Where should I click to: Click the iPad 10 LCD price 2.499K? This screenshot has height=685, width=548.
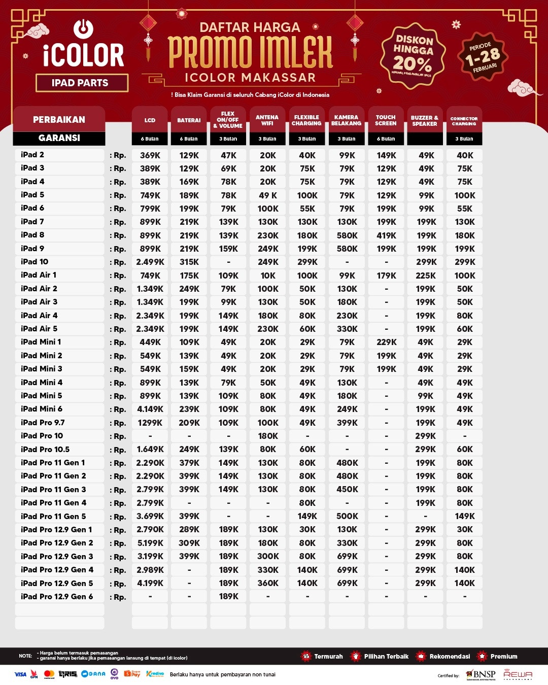pos(150,262)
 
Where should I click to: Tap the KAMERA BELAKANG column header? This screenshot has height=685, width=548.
pos(347,120)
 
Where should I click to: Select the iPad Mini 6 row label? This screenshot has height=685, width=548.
pos(42,409)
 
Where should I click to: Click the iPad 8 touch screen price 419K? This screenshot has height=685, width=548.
pos(386,235)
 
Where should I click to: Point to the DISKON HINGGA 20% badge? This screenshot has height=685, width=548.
pos(413,55)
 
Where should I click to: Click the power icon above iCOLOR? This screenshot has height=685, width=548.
pos(83,29)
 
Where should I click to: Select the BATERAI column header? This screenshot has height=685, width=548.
pos(189,120)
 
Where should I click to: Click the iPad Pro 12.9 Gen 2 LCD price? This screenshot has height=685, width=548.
pos(150,543)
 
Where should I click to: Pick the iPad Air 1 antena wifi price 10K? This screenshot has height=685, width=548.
pos(268,276)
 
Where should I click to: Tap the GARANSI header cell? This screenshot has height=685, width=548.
pos(59,138)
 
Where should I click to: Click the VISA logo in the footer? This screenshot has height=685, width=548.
pos(20,674)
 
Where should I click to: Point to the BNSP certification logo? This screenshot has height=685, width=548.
pos(481,674)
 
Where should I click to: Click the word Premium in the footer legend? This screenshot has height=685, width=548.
pos(504,657)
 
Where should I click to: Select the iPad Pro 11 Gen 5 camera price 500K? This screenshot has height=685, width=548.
pos(347,517)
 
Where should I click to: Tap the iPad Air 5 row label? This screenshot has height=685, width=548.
pos(39,329)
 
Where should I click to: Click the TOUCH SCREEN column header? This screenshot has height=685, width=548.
pos(386,120)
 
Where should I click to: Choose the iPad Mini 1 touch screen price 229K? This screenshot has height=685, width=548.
pos(386,342)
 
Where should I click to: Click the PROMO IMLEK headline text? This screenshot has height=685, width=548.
pos(250,52)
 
